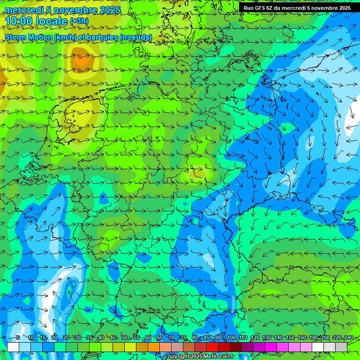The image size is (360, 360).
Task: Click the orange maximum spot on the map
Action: [82, 60]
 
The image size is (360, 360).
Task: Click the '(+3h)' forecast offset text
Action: [79, 21]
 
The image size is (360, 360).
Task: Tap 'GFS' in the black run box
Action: [261, 8]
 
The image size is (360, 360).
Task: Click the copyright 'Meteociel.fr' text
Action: [216, 357]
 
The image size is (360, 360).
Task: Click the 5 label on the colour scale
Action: [18, 337]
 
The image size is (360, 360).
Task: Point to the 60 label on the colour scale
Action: [148, 337]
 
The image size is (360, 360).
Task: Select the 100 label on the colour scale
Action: [231, 337]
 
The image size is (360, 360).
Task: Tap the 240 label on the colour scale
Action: [348, 337]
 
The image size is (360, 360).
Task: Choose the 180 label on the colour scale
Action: [313, 337]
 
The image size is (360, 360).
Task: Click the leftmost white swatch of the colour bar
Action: [13, 347]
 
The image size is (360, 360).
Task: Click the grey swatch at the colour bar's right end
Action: [341, 347]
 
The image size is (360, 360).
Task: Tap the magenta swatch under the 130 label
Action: [271, 347]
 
